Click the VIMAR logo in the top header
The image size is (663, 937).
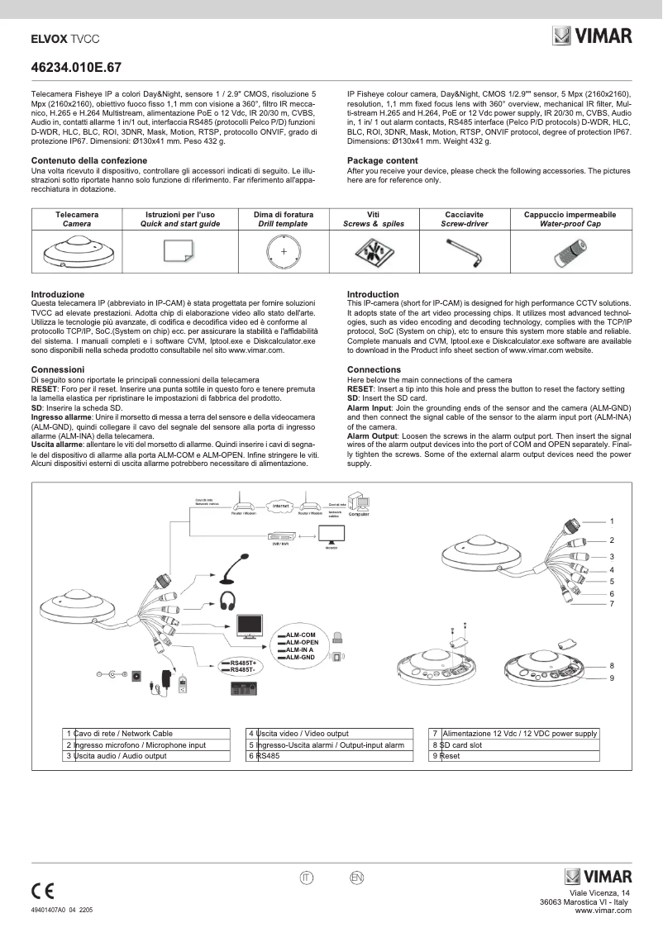[592, 36]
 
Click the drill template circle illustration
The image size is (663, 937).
[284, 250]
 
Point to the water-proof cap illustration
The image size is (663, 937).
[570, 251]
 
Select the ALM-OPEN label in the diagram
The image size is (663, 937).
[302, 642]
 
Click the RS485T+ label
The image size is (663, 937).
[244, 663]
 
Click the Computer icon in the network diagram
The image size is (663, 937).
[359, 503]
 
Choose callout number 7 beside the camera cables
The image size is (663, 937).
[612, 603]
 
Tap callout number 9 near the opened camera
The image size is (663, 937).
[612, 678]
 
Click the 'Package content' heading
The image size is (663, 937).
[382, 160]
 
